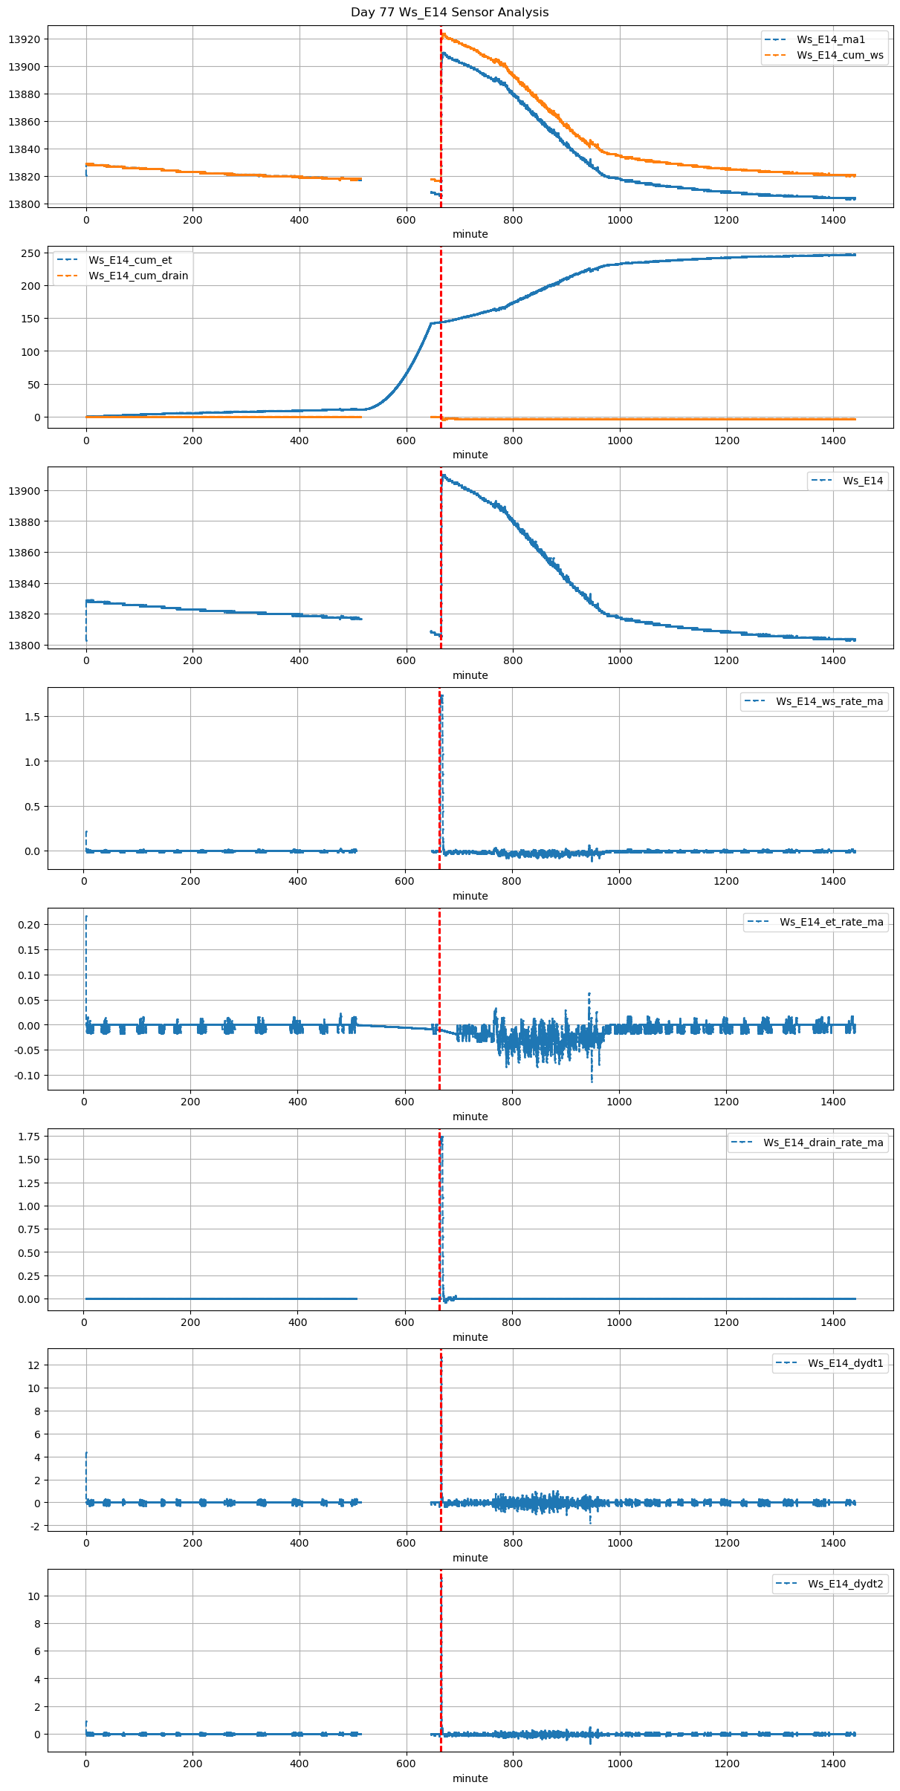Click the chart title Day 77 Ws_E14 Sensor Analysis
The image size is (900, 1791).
(450, 12)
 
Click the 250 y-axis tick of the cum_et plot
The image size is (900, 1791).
(30, 253)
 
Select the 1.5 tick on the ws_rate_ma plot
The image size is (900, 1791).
(32, 717)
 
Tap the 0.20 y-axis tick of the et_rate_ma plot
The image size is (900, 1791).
(28, 925)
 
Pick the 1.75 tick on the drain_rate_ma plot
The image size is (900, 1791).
(28, 1137)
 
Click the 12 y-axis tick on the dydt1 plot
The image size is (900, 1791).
(33, 1365)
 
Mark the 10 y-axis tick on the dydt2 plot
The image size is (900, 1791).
(33, 1596)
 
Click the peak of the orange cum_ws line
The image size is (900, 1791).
(442, 33)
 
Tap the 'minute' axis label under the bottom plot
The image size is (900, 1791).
(470, 1778)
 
